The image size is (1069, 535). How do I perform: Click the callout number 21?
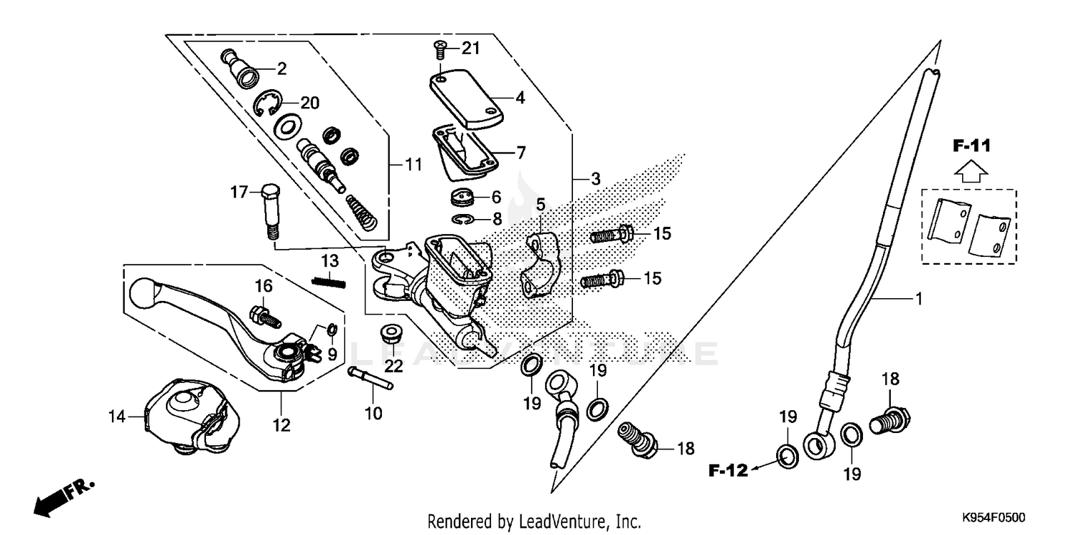coord(471,49)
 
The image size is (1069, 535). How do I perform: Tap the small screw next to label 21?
coord(439,50)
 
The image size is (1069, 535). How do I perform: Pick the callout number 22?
coord(393,366)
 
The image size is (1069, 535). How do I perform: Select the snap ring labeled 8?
coord(463,219)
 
